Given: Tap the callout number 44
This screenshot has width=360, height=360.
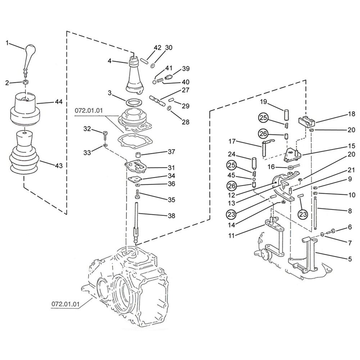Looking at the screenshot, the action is point(59,102).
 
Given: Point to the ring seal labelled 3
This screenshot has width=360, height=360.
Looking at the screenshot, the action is point(133,102).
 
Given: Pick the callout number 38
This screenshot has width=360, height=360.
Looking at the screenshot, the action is point(171,216).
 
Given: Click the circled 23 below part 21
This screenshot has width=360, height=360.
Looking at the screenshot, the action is point(303,214).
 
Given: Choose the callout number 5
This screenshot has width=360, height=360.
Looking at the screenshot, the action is point(350,259).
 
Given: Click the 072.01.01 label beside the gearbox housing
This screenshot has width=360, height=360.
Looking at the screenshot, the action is point(65,304).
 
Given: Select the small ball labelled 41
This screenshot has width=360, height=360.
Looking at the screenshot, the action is point(154,82).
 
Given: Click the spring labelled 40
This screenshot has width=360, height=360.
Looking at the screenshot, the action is point(160,81).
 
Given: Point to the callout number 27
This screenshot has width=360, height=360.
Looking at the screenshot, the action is point(185,90).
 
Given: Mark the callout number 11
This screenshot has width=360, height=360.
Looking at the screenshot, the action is point(231,235).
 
